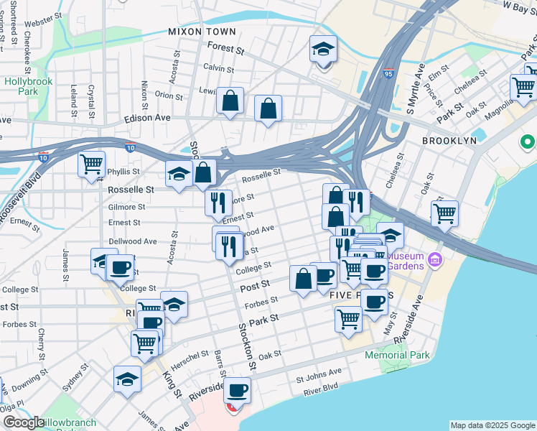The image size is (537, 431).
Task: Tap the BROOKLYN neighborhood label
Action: pyautogui.click(x=449, y=141)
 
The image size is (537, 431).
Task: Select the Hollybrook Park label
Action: pyautogui.click(x=29, y=87)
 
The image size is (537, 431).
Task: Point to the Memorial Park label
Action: pyautogui.click(x=397, y=356)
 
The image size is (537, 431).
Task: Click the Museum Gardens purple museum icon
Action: pyautogui.click(x=435, y=259)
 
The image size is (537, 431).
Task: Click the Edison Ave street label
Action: pyautogui.click(x=147, y=118)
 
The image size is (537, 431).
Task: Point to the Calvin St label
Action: pyautogui.click(x=218, y=69)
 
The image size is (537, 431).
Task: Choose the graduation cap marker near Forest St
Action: pyautogui.click(x=323, y=50)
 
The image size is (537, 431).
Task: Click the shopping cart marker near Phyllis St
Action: pyautogui.click(x=92, y=164)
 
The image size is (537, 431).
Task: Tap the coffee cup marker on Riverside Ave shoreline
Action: pyautogui.click(x=237, y=391)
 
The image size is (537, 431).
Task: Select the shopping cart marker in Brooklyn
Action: pyautogui.click(x=444, y=213)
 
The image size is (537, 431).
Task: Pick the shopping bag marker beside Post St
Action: pyautogui.click(x=303, y=279)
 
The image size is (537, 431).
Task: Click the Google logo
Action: pyautogui.click(x=23, y=422)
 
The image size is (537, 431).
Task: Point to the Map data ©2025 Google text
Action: pyautogui.click(x=492, y=425)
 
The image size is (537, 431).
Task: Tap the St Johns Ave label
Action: pyautogui.click(x=319, y=373)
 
